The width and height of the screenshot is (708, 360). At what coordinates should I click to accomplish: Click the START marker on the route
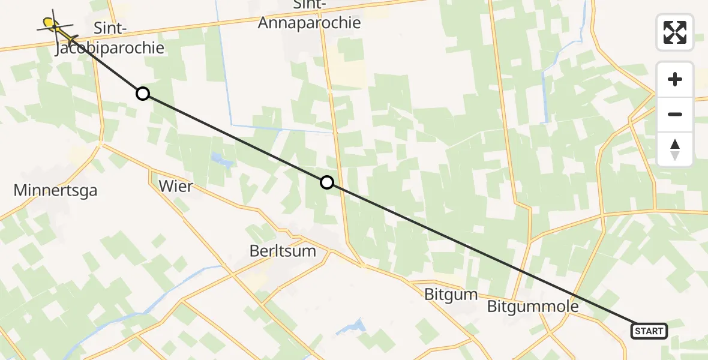coord(649,331)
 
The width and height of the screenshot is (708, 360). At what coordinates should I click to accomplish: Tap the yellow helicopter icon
coord(53,25)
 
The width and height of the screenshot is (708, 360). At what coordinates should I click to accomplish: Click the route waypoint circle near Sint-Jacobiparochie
coord(142,94)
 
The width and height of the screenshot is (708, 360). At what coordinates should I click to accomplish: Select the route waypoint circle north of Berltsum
coord(326,182)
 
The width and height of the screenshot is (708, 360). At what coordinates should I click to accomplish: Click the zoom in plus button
coord(675,79)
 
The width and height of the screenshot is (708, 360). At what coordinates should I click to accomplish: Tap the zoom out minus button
coord(675,114)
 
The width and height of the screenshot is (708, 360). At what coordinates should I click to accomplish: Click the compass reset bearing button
coord(675,149)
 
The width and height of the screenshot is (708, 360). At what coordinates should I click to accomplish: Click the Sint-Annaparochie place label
coord(309,14)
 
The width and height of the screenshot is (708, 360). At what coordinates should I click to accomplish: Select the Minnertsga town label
coord(55,191)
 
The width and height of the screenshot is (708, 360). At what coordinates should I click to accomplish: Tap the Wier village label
coord(176,186)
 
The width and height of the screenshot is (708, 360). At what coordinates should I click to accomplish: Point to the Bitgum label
coord(451,295)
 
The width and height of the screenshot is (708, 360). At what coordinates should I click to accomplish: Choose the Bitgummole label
coord(533,307)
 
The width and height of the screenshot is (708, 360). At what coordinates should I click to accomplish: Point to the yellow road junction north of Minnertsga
coord(100,144)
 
